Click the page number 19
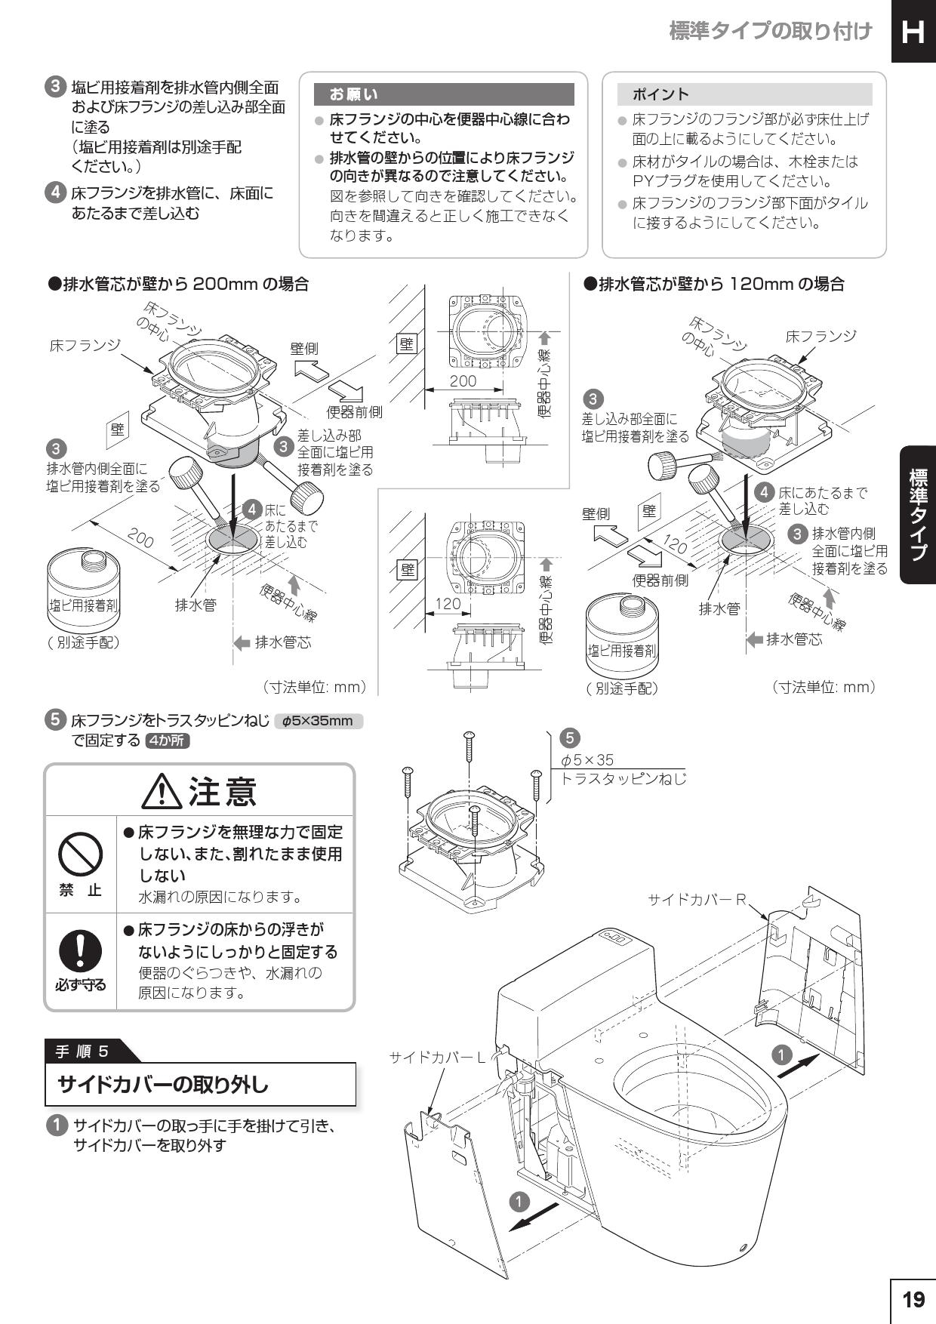913,1300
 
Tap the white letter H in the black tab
913,32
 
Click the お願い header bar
444,94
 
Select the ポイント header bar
744,94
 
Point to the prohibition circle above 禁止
81,854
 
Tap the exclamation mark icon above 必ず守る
80,950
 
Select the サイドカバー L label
438,1058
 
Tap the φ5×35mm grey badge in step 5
319,721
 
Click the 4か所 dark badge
168,741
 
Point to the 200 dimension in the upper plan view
463,381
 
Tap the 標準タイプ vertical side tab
917,515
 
